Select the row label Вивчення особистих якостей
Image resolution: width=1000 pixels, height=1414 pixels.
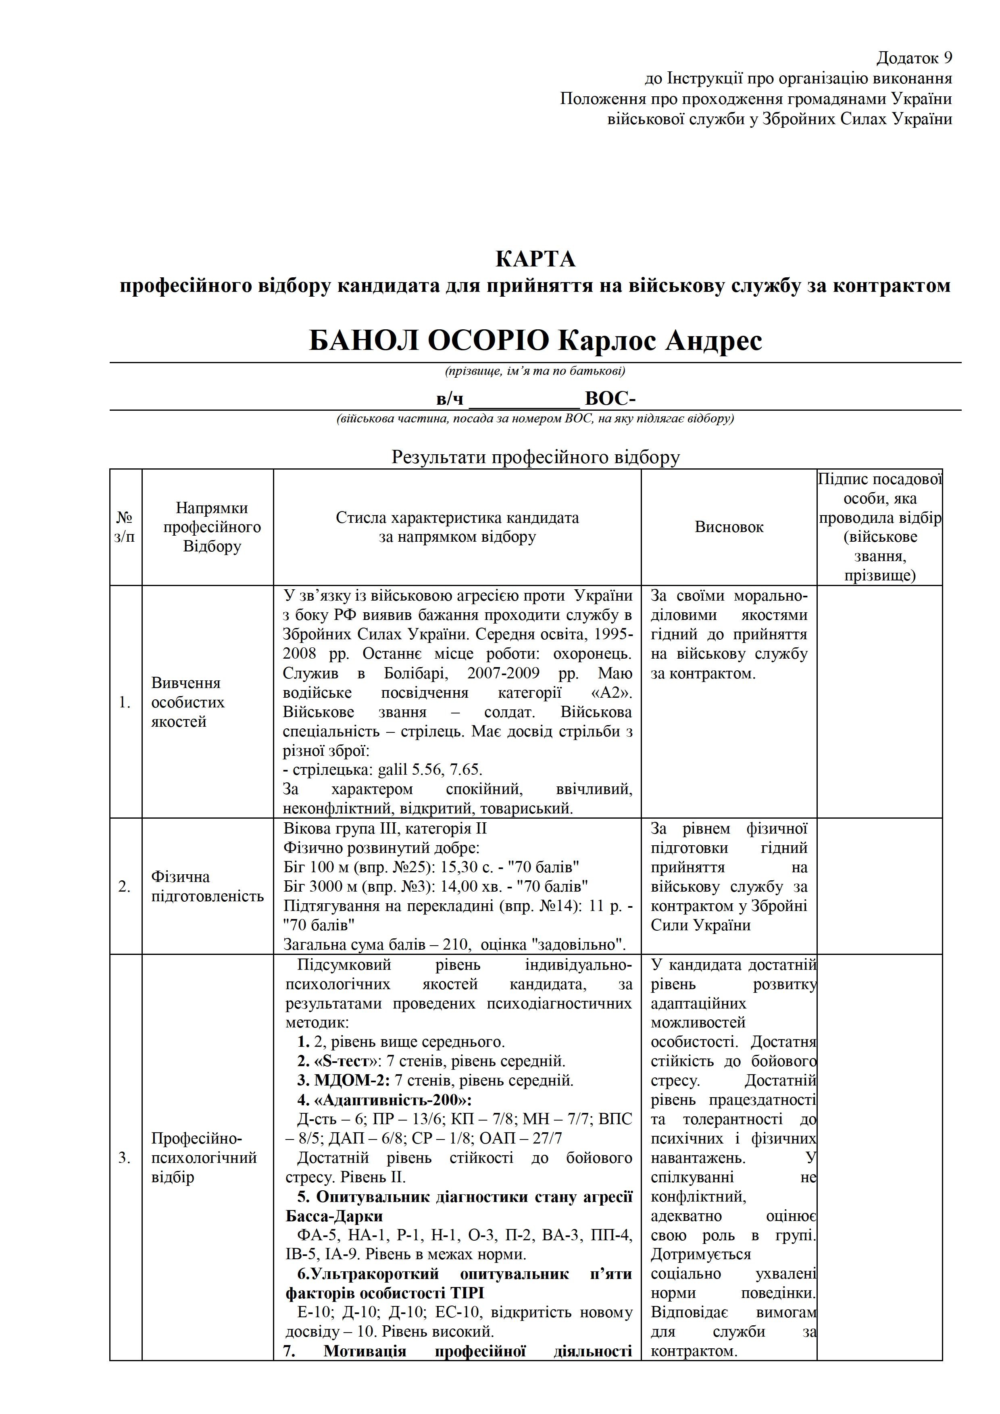[x=188, y=702]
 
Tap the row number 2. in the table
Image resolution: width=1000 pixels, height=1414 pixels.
[x=125, y=887]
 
